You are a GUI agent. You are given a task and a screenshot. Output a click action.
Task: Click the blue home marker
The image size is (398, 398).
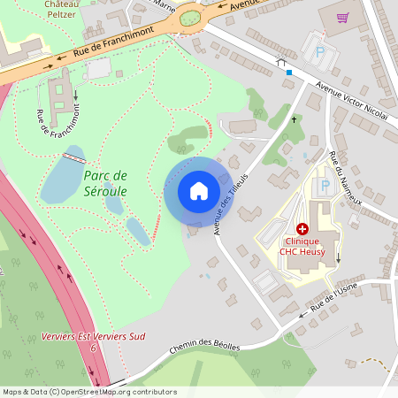point(199,191)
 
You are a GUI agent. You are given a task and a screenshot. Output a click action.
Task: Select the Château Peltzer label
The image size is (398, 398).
point(59,9)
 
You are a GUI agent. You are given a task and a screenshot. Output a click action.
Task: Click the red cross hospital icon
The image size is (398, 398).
point(302,228)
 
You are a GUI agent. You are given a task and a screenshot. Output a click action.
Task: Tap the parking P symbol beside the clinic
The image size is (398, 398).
point(324,187)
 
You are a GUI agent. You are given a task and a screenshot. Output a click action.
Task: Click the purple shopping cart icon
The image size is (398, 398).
point(342,18)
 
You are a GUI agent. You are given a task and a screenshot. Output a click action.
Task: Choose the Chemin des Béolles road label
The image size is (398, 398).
point(205,346)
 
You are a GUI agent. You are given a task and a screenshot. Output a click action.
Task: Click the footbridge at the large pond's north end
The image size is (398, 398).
point(73,157)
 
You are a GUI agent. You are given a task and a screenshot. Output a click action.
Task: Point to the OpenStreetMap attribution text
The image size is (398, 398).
point(88,392)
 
